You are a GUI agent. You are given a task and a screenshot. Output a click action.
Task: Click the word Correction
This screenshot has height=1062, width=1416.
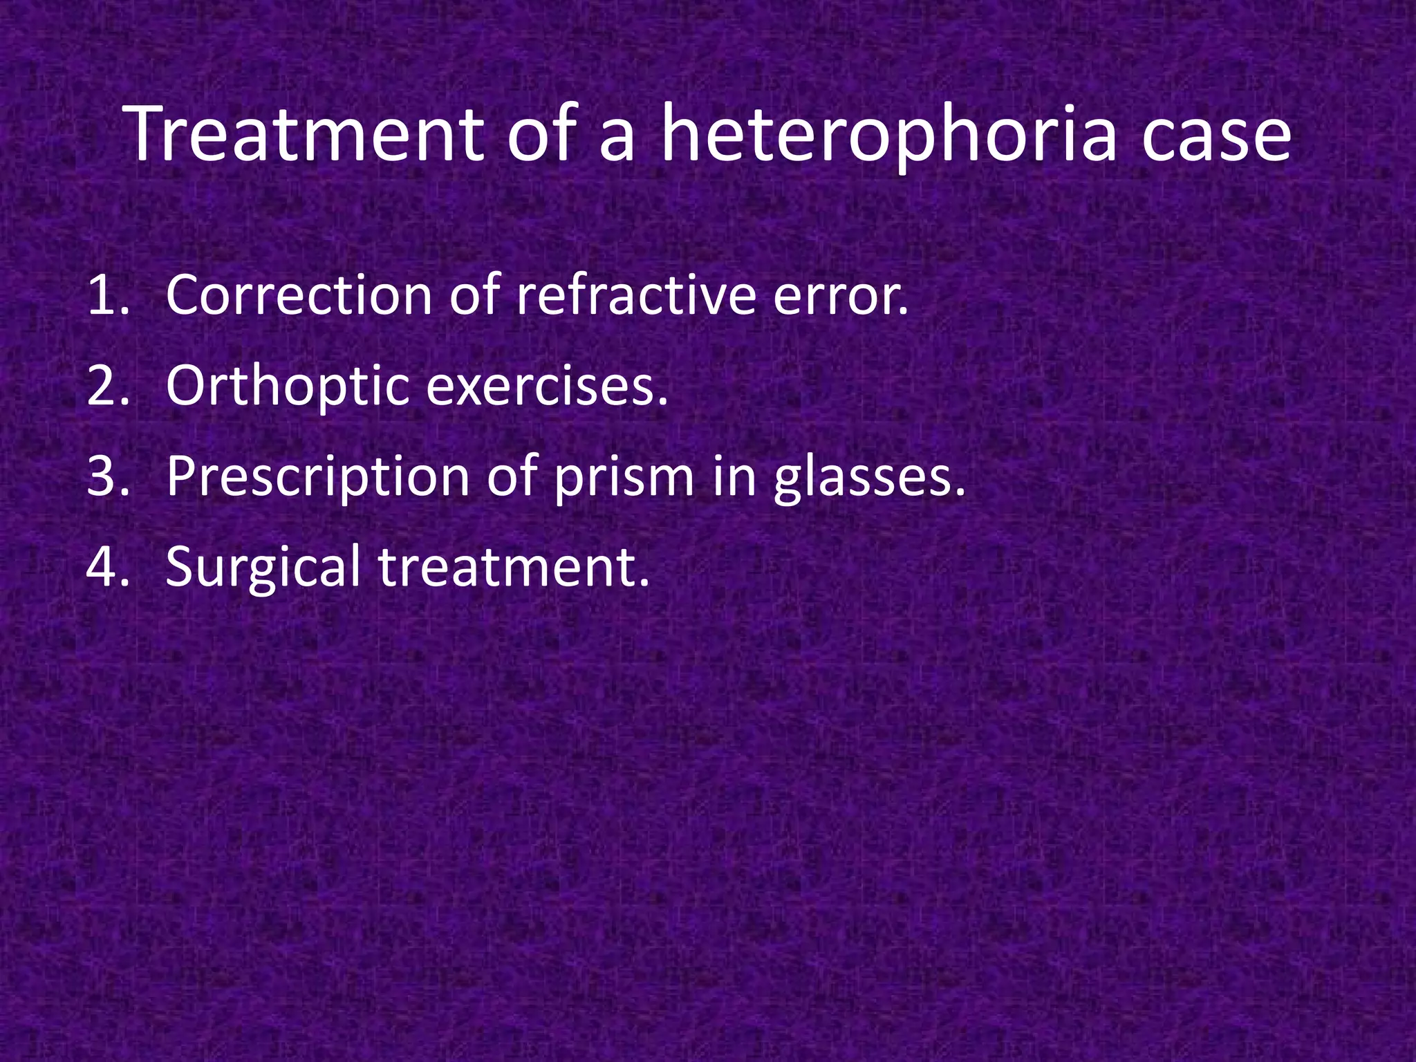click(299, 296)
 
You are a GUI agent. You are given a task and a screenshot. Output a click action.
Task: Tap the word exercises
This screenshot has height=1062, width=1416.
click(546, 386)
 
